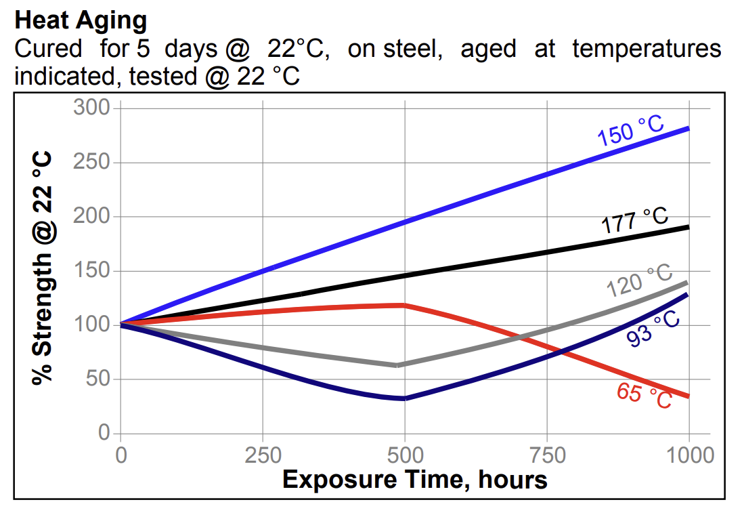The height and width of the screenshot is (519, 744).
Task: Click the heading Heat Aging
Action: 81,20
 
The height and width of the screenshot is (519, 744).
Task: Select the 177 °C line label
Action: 635,221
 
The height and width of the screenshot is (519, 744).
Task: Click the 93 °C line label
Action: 653,329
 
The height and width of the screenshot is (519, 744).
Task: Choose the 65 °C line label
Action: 644,396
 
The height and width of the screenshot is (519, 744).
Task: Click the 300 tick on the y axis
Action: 93,108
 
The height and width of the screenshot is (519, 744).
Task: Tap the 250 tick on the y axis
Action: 93,163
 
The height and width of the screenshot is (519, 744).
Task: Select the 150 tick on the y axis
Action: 93,271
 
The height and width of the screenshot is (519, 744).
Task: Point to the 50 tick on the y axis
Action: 98,379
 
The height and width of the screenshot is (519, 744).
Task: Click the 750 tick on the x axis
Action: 547,455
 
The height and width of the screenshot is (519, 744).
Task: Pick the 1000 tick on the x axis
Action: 688,455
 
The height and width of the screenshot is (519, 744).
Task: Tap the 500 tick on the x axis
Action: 405,455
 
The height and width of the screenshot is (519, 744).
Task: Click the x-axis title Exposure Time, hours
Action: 414,480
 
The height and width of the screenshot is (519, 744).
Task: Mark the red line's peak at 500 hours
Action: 405,305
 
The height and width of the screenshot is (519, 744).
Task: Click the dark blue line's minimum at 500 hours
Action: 404,398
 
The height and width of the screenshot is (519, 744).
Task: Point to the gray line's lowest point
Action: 398,365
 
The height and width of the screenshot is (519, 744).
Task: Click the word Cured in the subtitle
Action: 48,49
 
